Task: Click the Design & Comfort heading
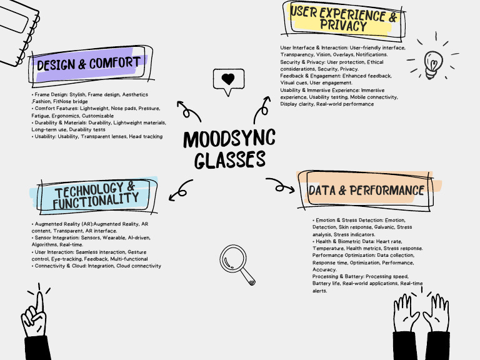88,64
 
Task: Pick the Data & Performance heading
366,190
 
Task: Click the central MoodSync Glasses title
229,149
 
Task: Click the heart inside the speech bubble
229,79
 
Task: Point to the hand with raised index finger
39,319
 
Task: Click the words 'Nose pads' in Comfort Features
122,109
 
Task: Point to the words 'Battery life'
327,284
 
